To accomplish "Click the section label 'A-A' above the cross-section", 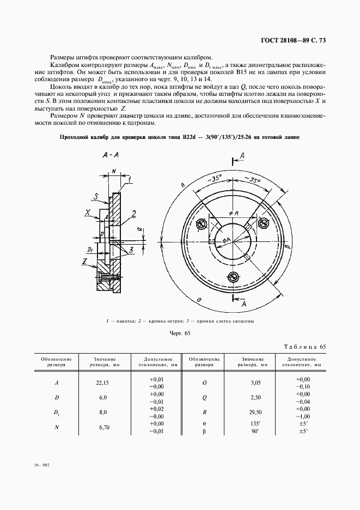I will [x=111, y=156].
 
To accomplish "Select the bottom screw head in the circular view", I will [x=234, y=276].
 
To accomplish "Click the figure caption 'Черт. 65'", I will [x=179, y=333].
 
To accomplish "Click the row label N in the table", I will [x=57, y=427].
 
